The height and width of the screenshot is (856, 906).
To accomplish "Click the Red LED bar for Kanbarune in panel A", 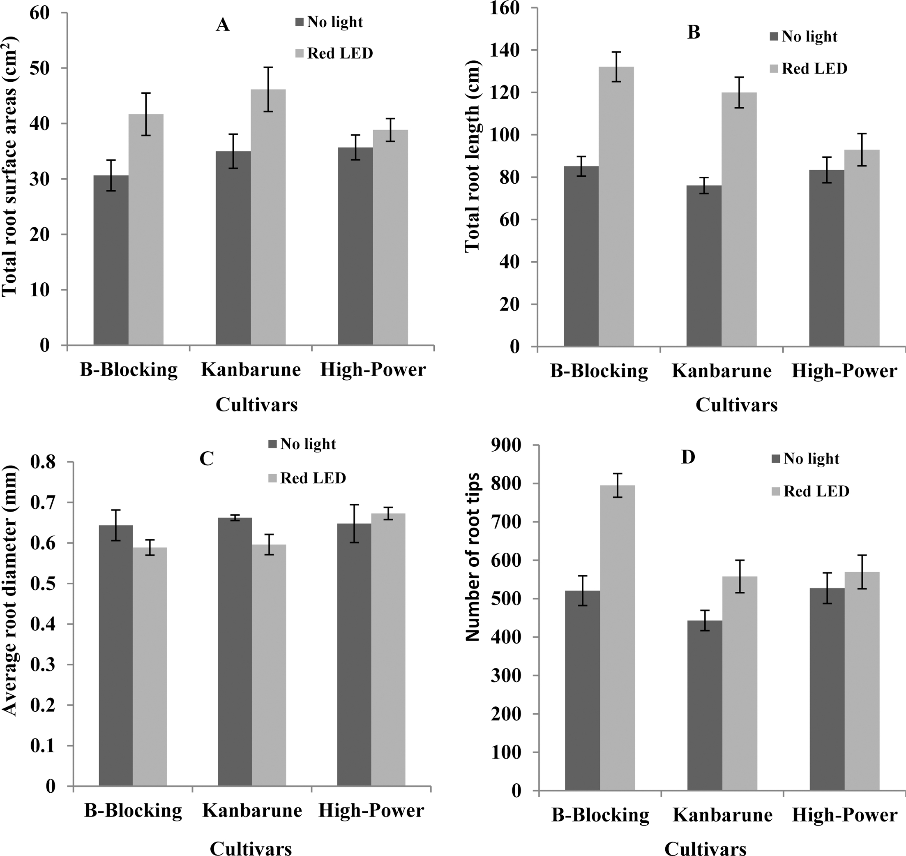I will click(268, 217).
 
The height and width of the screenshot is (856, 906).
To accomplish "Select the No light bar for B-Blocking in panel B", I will click(581, 256).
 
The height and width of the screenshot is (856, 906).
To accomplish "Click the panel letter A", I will click(222, 25).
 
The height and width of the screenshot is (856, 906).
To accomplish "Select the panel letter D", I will click(687, 457).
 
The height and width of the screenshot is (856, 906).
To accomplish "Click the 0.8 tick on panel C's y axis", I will click(43, 462).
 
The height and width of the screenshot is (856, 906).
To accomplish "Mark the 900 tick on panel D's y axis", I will click(506, 445).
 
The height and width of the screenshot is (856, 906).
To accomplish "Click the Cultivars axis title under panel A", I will click(256, 405).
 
